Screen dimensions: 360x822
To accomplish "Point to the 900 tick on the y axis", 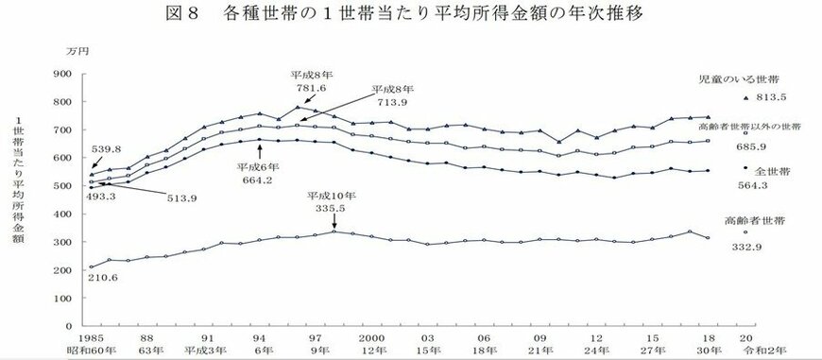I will [63, 75].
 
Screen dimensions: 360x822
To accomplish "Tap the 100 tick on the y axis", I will [63, 299].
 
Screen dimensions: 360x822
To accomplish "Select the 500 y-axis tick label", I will [63, 186].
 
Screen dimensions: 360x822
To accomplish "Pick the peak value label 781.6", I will [314, 87].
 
